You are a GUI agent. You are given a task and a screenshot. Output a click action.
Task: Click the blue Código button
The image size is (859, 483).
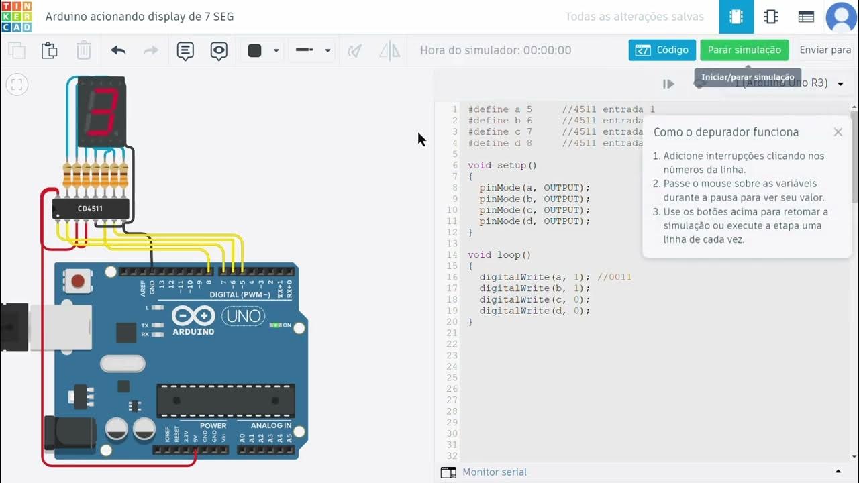click(x=662, y=50)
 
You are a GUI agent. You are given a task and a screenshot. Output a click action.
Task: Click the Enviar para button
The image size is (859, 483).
click(x=825, y=50)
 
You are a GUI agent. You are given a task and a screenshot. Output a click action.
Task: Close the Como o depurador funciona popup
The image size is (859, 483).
click(x=838, y=132)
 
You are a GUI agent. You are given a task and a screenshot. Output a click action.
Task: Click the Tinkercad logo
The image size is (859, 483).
click(x=16, y=17)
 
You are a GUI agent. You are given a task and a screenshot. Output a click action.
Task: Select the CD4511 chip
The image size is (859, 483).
click(x=91, y=209)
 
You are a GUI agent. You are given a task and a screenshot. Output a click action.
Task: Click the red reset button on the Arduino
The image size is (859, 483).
click(x=78, y=281)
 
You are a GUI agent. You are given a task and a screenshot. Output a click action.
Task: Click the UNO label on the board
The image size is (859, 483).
click(x=243, y=315)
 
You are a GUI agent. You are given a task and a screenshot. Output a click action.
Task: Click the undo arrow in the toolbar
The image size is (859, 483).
click(x=118, y=50)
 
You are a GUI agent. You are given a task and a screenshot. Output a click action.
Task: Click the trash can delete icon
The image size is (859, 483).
click(x=83, y=50)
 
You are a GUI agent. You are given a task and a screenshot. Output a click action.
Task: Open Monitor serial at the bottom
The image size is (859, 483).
click(x=494, y=472)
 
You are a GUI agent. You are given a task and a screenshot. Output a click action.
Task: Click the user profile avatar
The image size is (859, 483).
click(x=841, y=17)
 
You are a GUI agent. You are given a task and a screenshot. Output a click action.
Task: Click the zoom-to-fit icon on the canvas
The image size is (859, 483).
click(x=17, y=85)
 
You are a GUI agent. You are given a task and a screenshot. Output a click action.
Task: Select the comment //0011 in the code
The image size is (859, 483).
click(x=614, y=277)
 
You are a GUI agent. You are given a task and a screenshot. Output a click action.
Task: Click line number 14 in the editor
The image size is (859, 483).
click(x=452, y=255)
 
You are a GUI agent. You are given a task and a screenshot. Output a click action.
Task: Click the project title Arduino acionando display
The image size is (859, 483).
click(x=140, y=17)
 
